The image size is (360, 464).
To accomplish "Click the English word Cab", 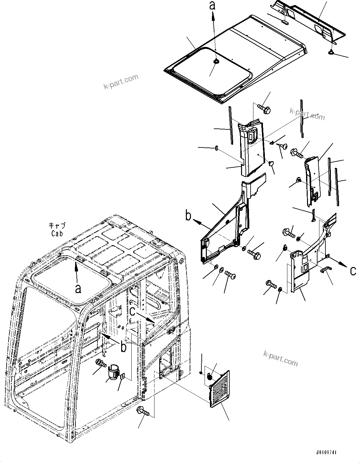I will click(58, 233).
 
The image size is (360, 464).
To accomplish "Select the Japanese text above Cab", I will click(57, 226).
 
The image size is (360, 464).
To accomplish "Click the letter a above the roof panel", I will click(213, 5).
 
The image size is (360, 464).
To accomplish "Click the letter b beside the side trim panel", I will click(188, 217).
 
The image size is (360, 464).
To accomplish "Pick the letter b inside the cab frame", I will click(123, 346).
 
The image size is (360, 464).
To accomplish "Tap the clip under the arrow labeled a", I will click(216, 61).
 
